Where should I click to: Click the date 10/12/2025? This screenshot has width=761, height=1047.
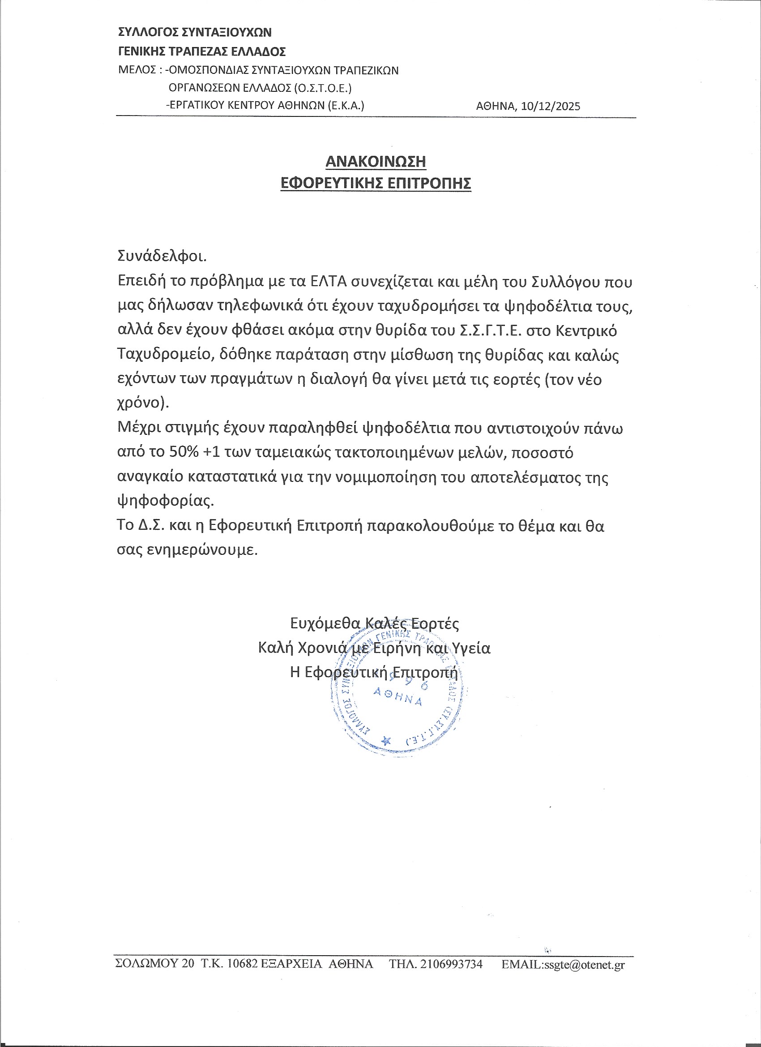click(551, 107)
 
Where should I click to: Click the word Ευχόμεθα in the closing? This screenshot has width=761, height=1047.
click(325, 624)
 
